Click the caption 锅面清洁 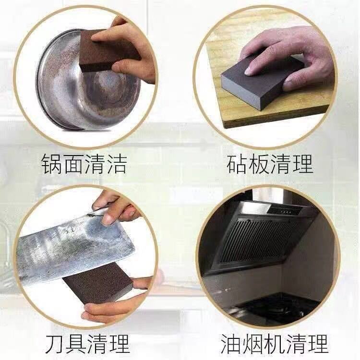click(84, 164)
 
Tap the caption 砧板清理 click(270, 164)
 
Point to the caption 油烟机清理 click(274, 344)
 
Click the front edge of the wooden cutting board click(276, 120)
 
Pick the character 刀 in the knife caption click(56, 344)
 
